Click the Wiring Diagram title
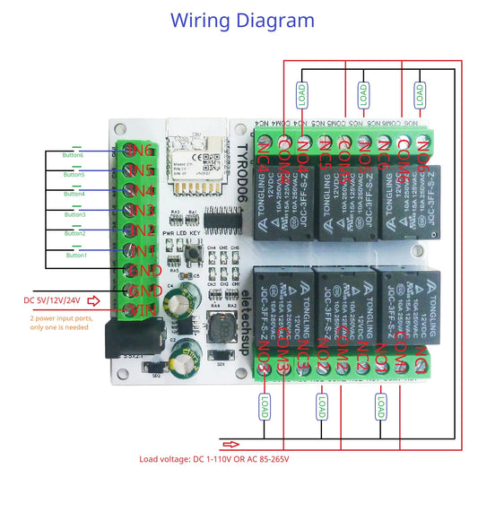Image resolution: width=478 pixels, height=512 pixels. coord(242,20)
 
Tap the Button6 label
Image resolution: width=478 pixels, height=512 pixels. coord(74,155)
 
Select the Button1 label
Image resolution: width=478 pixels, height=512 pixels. coord(76,256)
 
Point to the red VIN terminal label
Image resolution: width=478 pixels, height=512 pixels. coord(141,310)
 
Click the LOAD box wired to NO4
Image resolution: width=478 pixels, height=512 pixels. coord(304,92)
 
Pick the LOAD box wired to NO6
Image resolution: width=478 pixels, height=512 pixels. coord(419,92)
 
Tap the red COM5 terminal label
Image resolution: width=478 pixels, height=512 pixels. coord(344,152)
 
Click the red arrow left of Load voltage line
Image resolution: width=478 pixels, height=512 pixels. coord(231,444)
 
